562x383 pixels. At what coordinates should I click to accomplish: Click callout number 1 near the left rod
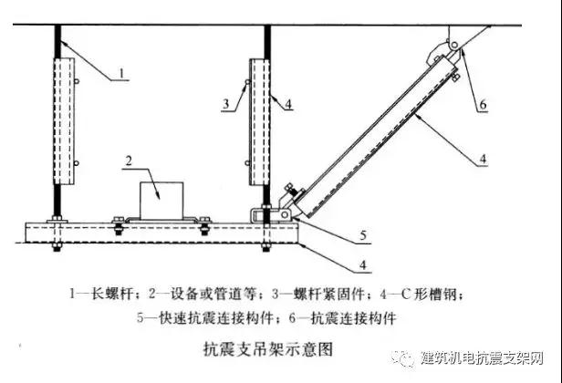point(122,74)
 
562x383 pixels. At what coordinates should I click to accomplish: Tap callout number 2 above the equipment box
point(129,160)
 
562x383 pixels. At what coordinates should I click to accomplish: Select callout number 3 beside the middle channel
point(226,104)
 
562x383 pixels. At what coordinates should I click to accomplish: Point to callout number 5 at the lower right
point(363,235)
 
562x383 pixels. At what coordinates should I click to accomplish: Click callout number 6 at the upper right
point(483,104)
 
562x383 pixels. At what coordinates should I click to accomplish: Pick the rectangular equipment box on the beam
point(161,201)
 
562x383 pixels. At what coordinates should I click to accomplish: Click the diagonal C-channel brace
point(376,138)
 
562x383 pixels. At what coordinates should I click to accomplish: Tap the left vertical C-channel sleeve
point(64,121)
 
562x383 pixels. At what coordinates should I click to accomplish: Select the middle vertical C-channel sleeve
point(259,122)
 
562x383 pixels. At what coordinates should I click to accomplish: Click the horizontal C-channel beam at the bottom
point(161,233)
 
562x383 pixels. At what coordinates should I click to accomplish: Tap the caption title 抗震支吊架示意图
point(268,349)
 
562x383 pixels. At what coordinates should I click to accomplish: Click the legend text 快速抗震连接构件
point(216,317)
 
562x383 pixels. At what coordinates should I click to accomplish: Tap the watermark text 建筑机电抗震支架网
point(482,357)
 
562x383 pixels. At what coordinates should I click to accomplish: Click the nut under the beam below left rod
point(57,247)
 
